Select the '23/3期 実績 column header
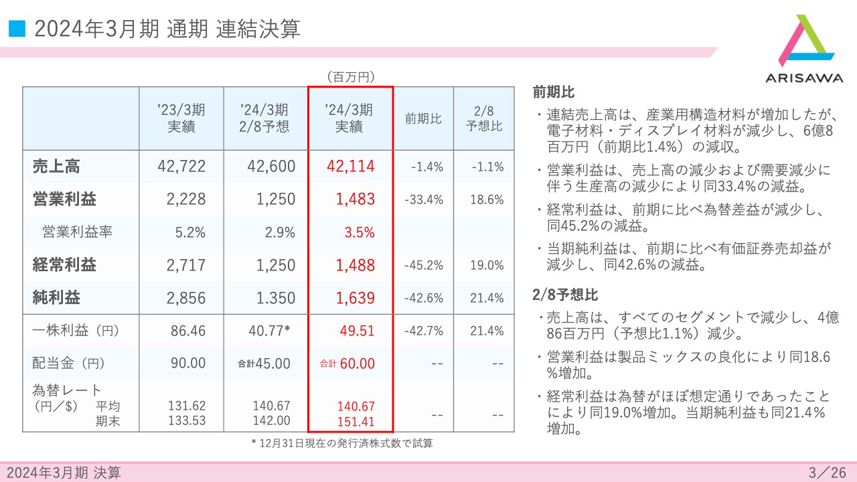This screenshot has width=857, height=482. (x=181, y=117)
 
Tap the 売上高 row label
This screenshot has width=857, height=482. (x=56, y=167)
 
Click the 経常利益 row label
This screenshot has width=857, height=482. (x=64, y=265)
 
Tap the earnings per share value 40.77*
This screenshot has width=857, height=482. (x=268, y=330)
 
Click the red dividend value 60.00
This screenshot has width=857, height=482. (x=357, y=364)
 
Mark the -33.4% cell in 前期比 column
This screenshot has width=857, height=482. (x=424, y=199)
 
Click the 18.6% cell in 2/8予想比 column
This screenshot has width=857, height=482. (x=487, y=199)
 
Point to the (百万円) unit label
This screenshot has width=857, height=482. (x=350, y=77)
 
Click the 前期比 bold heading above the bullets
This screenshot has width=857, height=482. (x=554, y=92)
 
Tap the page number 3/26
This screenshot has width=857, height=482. (x=828, y=473)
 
